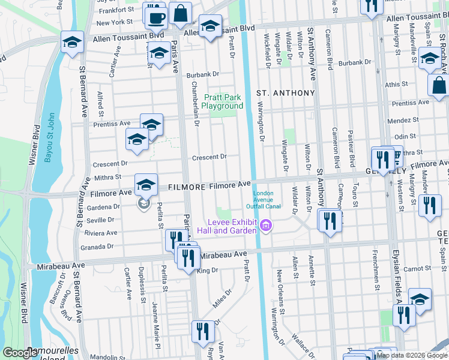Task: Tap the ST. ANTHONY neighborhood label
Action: click(x=286, y=93)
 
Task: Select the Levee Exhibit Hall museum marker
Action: click(x=266, y=226)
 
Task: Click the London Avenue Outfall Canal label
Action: click(x=267, y=200)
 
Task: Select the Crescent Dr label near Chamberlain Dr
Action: click(x=209, y=157)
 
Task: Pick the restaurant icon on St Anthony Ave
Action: click(x=330, y=220)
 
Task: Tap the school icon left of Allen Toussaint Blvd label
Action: click(x=72, y=43)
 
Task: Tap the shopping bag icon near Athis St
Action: click(x=439, y=86)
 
